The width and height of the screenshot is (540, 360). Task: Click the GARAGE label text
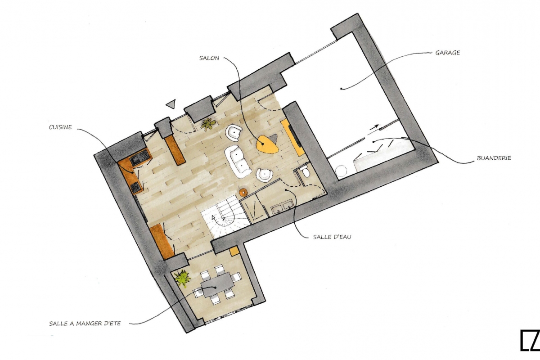pyautogui.click(x=447, y=53)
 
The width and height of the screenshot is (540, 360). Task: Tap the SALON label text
pyautogui.click(x=209, y=58)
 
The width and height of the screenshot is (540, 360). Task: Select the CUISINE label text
pyautogui.click(x=60, y=127)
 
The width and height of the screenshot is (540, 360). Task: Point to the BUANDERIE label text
pyautogui.click(x=494, y=158)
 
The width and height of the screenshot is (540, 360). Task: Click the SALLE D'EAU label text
pyautogui.click(x=332, y=237)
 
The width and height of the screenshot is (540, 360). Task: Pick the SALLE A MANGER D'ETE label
pyautogui.click(x=85, y=324)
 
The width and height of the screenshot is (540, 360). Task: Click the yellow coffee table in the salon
pyautogui.click(x=266, y=145)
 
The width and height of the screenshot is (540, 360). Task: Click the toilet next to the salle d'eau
pyautogui.click(x=306, y=172)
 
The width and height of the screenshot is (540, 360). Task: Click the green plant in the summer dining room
pyautogui.click(x=183, y=278)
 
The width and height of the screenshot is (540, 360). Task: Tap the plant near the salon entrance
pyautogui.click(x=208, y=124)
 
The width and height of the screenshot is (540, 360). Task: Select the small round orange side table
pyautogui.click(x=243, y=192)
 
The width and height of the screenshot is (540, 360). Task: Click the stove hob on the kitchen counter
pyautogui.click(x=135, y=187)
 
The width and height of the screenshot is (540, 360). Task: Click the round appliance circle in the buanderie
pyautogui.click(x=341, y=171)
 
